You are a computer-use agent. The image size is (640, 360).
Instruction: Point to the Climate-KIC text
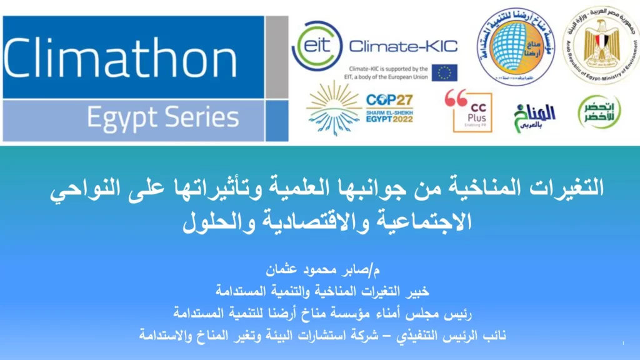(402, 46)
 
